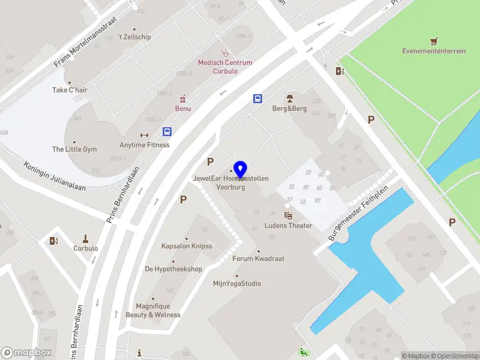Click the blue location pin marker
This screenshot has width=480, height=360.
coord(241,169)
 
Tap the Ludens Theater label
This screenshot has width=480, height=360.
coord(289,226)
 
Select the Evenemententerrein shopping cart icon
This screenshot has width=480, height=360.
coord(434,41)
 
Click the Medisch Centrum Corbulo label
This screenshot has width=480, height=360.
coord(225,67)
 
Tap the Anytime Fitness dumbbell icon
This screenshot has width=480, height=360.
coord(144,135)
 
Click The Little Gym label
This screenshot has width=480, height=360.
coord(74,149)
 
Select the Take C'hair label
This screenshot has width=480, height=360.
coord(70,90)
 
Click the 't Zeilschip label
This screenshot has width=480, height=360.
coord(134,37)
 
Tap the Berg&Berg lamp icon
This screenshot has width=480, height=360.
coord(289,98)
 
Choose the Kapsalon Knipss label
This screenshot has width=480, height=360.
coord(187,246)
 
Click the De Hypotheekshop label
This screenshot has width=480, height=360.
coord(173,269)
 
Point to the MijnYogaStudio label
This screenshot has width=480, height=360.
coord(237,284)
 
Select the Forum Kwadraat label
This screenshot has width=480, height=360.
coord(258,259)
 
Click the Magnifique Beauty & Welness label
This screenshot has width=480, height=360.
coord(153,310)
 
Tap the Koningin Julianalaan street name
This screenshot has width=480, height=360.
coord(55,176)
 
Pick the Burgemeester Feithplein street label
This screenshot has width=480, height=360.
coord(359,213)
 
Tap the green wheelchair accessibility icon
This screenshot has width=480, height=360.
coord(304,353)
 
